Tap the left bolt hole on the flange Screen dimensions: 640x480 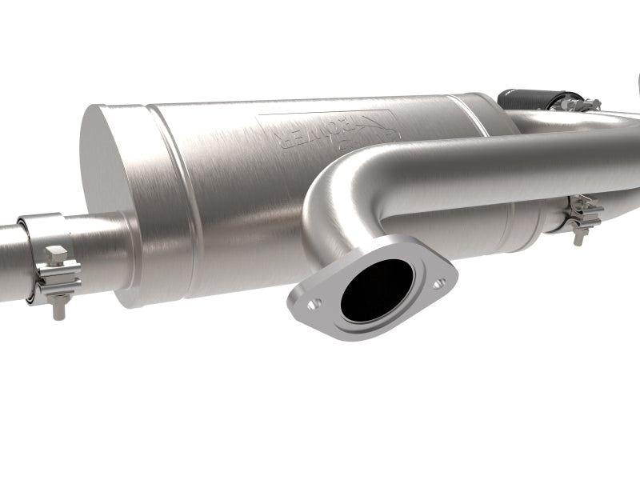pyautogui.click(x=314, y=304)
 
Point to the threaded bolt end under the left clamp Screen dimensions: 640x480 pyautogui.click(x=58, y=307)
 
